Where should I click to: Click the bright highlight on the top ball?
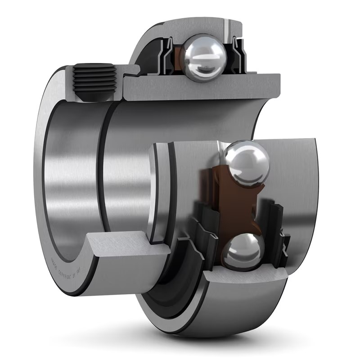(x=198, y=49)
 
